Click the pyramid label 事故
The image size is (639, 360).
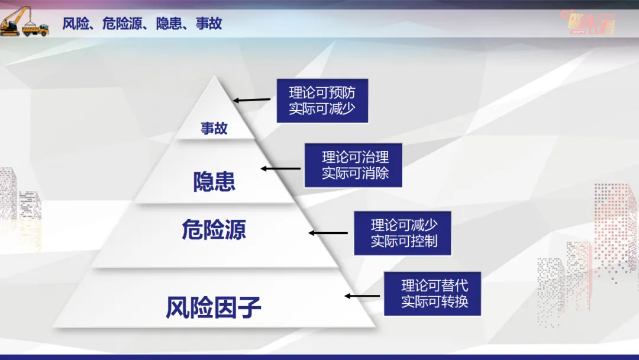[x=214, y=128]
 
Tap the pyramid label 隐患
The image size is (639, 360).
[x=214, y=181]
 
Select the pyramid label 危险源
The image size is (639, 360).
[x=214, y=229]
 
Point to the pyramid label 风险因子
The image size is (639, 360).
[x=214, y=308]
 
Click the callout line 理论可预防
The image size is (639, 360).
[x=322, y=92]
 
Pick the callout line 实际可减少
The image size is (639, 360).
[x=322, y=109]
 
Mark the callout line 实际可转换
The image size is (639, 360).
[x=434, y=301]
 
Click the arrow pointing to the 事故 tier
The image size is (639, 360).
[x=253, y=101]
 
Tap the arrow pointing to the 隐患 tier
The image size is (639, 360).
[x=281, y=169]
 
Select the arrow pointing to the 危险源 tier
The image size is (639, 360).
[x=328, y=233]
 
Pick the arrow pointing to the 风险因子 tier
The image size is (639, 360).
[x=362, y=295]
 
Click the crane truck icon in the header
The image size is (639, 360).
[x=25, y=22]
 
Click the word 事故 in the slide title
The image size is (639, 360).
[x=209, y=24]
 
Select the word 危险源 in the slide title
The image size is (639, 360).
[x=122, y=24]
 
